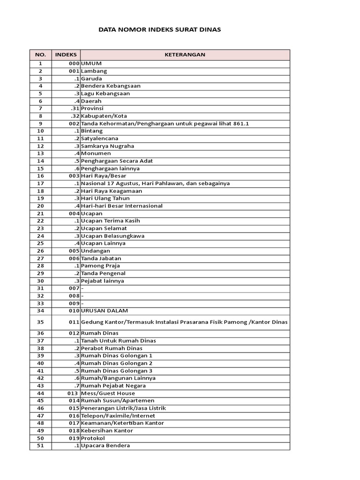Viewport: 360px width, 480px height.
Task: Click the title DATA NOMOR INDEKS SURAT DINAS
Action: click(x=159, y=30)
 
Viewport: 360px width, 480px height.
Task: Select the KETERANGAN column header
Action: click(x=185, y=55)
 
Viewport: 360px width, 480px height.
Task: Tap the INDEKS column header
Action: click(x=66, y=55)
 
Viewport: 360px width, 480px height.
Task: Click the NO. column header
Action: click(x=40, y=55)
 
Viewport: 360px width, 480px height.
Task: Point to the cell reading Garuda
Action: click(x=91, y=79)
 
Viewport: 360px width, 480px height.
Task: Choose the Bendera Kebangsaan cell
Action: click(x=111, y=86)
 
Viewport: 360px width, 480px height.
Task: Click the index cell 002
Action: click(x=74, y=124)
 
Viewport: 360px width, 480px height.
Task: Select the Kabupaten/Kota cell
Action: click(x=104, y=116)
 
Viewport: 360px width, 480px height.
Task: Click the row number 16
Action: click(x=40, y=176)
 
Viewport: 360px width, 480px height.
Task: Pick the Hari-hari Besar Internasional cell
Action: click(x=121, y=206)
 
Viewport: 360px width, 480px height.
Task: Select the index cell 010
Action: click(x=74, y=311)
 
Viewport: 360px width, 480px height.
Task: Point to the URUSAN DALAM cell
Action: click(x=104, y=311)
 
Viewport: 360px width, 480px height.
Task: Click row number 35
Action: click(x=40, y=322)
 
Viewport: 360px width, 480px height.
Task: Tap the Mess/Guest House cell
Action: click(x=101, y=393)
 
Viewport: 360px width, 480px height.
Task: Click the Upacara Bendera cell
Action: click(x=105, y=446)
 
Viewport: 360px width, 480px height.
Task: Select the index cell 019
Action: click(x=74, y=438)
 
